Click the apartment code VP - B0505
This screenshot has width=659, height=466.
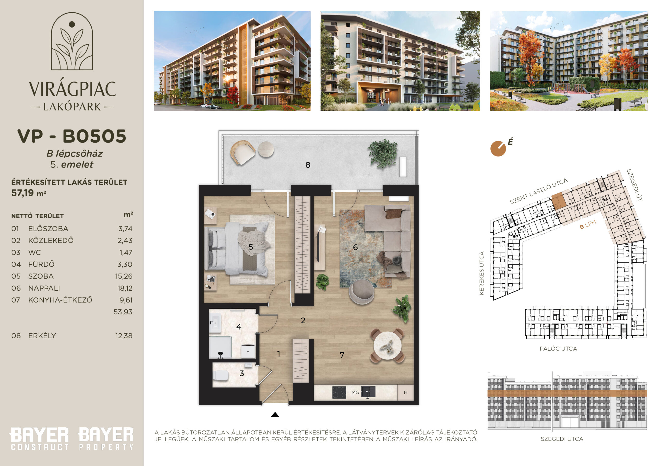[x=72, y=136]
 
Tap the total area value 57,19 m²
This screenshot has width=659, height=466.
[x=28, y=193]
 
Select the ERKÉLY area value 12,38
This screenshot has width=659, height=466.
[x=124, y=336]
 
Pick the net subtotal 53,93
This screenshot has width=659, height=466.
[x=123, y=312]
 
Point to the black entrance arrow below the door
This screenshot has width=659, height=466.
[x=275, y=414]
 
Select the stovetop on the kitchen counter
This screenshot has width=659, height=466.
[x=339, y=392]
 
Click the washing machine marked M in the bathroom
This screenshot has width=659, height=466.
[x=248, y=351]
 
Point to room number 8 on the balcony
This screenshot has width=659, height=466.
[x=308, y=165]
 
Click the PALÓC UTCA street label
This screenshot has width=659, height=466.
[x=558, y=349]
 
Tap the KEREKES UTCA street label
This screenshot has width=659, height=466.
[x=482, y=273]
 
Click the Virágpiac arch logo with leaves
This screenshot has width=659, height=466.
[x=72, y=41]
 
